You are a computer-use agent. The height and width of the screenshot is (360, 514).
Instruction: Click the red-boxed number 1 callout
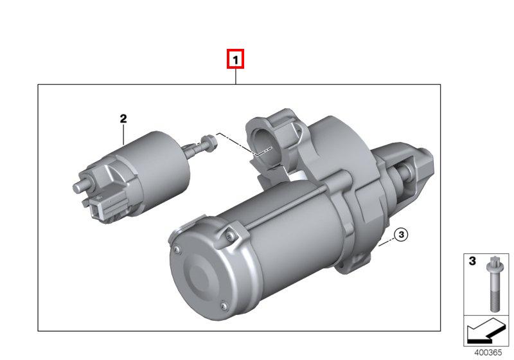click(x=235, y=59)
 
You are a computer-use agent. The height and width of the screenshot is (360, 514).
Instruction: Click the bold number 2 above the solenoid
click(x=123, y=118)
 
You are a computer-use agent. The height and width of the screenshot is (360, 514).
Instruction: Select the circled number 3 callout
click(x=401, y=235)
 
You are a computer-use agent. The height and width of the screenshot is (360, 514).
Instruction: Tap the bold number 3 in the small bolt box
click(x=472, y=261)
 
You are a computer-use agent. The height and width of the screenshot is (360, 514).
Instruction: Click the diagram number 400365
click(x=488, y=353)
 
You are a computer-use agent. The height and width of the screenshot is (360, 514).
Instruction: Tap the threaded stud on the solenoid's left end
click(x=81, y=186)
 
